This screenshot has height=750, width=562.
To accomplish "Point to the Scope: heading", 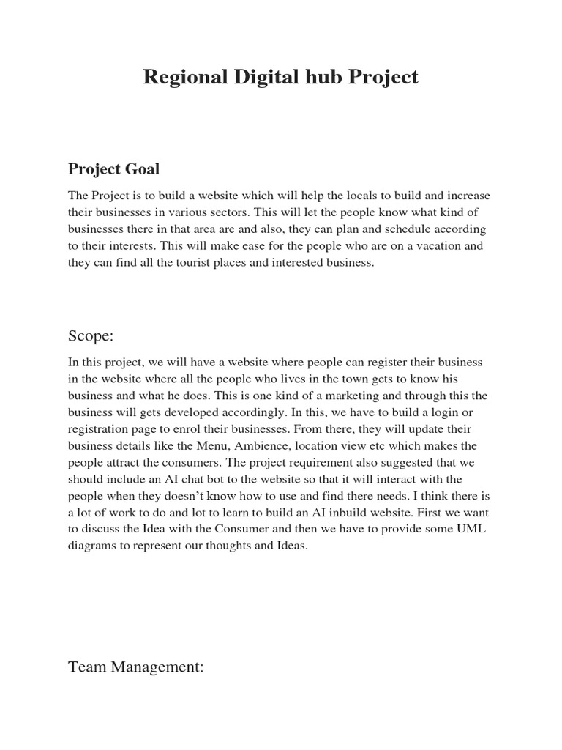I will coord(91,335).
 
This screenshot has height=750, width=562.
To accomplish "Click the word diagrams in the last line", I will coord(91,546).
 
